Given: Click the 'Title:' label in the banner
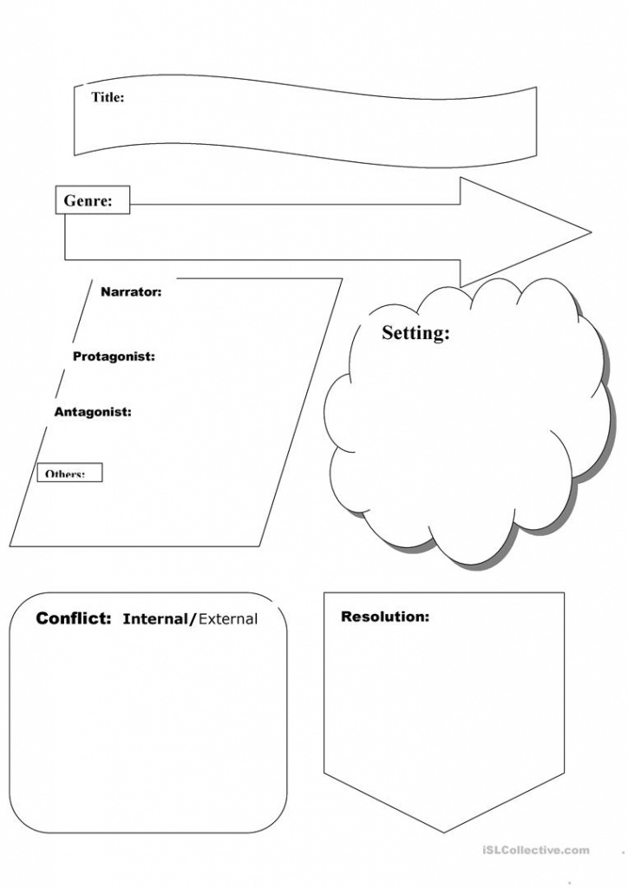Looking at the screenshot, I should (x=108, y=97).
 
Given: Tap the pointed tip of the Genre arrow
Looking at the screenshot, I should (x=590, y=232).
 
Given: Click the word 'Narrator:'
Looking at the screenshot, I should (x=131, y=292).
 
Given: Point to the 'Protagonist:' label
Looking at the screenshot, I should (x=114, y=356).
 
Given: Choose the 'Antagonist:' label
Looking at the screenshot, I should (x=93, y=412).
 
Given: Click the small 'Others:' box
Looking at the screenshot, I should (x=69, y=473).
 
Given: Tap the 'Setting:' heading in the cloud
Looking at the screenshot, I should (x=415, y=333).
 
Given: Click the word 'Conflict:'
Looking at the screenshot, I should (x=74, y=618).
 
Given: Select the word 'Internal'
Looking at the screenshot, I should (x=155, y=619).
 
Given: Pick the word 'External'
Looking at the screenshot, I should (x=227, y=619).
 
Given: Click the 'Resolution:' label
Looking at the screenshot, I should (x=385, y=617).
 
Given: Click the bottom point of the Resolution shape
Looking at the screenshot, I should (x=444, y=831).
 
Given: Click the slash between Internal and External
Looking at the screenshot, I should (x=193, y=619).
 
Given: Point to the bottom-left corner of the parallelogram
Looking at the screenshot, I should (x=11, y=545).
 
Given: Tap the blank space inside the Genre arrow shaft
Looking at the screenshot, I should (x=286, y=232).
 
